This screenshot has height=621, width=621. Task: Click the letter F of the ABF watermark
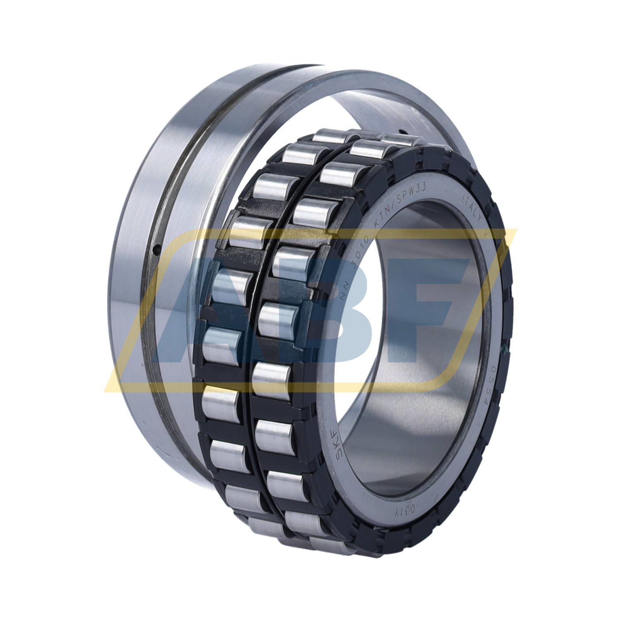(x=422, y=315)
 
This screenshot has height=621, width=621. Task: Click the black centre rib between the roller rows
(x=265, y=331)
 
